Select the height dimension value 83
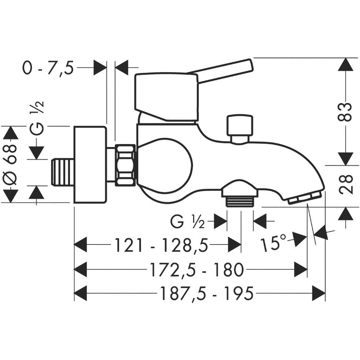click(345, 111)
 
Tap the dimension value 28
click(345, 185)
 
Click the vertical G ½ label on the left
click(37, 118)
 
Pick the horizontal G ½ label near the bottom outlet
click(187, 222)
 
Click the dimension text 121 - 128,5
click(161, 245)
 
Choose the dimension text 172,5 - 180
click(196, 269)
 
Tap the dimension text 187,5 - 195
click(207, 293)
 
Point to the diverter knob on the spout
click(240, 129)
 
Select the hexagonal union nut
click(125, 165)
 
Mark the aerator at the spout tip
click(304, 198)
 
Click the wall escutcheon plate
click(90, 164)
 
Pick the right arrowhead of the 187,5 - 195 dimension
click(319, 293)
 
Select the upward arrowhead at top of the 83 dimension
click(345, 65)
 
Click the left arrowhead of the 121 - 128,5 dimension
click(80, 245)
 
